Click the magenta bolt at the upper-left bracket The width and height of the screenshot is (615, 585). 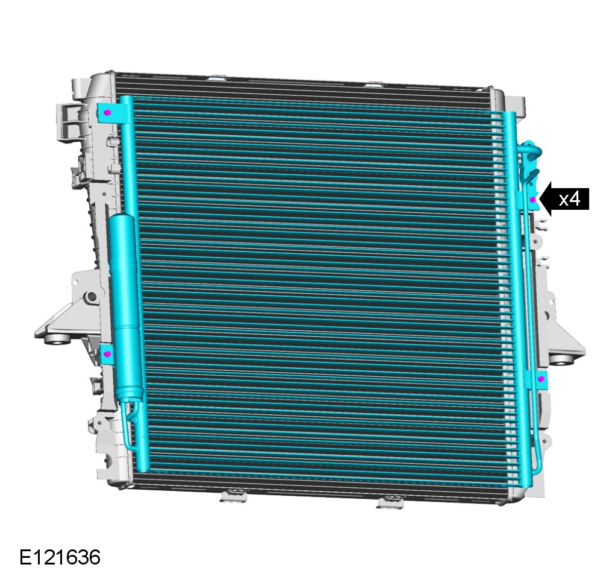tap(107, 113)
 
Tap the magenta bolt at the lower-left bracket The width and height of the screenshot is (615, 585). tap(107, 354)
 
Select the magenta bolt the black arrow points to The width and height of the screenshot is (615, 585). tap(533, 200)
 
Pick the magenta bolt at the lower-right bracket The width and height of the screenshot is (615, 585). tap(542, 379)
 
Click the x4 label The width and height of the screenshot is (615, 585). tap(569, 200)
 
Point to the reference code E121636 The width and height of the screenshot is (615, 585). tap(60, 557)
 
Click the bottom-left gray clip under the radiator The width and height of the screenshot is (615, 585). tap(234, 496)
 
